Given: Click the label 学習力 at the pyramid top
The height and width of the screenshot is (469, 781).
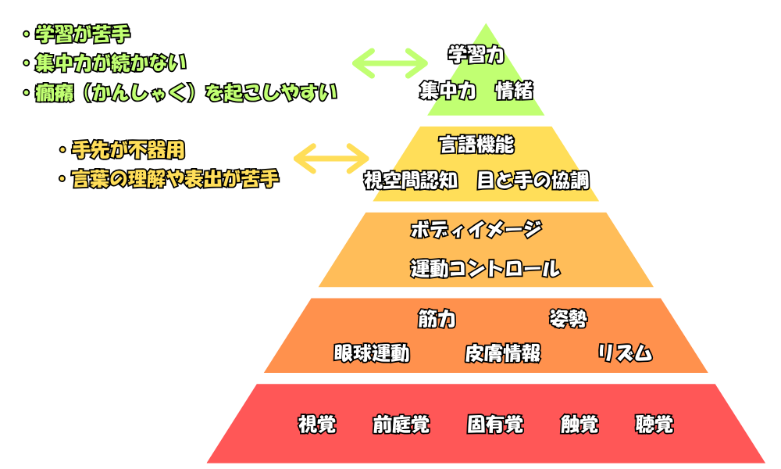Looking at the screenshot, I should [x=476, y=55].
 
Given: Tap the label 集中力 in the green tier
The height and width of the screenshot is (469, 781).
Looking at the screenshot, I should [x=447, y=91].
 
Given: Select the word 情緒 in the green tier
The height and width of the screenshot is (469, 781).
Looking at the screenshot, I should [x=514, y=91].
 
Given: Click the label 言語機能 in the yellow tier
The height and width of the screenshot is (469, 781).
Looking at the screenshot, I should [x=476, y=145].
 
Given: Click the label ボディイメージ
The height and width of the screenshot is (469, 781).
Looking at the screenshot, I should [x=476, y=230].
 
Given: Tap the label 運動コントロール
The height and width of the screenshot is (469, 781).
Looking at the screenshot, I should [x=485, y=269].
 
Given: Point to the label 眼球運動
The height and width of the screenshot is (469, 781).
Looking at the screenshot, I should [x=371, y=353].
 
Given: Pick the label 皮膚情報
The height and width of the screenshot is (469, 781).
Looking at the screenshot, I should [x=502, y=353].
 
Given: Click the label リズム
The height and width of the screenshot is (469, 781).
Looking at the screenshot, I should [x=625, y=353].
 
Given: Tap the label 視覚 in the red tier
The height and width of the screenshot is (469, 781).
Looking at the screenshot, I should [x=317, y=424].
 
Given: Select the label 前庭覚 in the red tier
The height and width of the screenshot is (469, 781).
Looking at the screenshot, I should [x=401, y=424].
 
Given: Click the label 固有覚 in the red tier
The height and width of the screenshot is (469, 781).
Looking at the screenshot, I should [x=495, y=424].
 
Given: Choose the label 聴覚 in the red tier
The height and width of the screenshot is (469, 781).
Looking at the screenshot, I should [x=654, y=424].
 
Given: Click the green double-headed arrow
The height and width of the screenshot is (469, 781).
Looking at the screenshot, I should [x=390, y=62].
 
